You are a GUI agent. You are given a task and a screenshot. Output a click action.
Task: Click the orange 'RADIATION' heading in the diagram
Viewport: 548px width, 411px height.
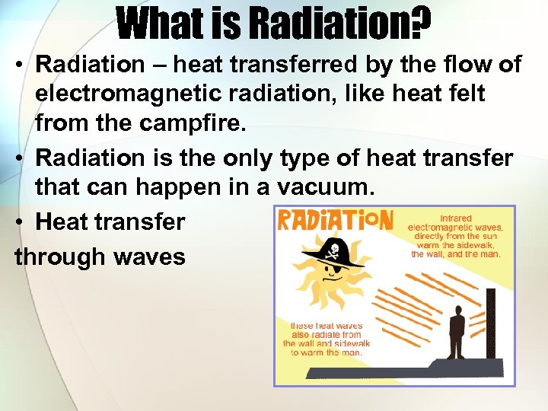pos(335,221)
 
